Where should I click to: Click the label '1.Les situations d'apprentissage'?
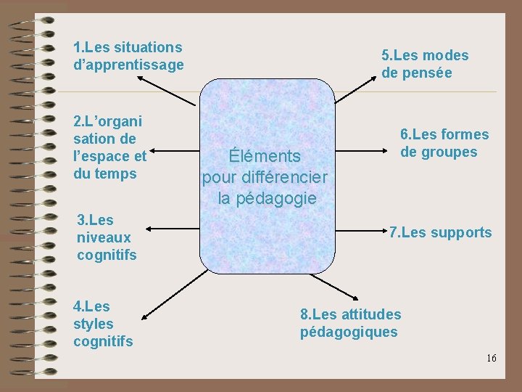click(x=128, y=56)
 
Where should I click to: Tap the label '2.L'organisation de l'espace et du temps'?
click(x=109, y=147)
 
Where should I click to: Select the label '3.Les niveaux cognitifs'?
click(x=107, y=237)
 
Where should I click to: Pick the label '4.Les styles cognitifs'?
click(x=103, y=324)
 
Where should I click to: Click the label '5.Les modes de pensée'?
click(x=425, y=64)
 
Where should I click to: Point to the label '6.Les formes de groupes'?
click(x=444, y=143)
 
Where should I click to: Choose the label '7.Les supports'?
click(x=440, y=233)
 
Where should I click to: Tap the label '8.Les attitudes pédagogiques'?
click(x=350, y=323)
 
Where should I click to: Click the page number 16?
click(x=492, y=358)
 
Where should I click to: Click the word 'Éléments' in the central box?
click(x=264, y=156)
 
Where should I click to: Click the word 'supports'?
click(x=460, y=233)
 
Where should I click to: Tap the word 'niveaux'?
click(x=104, y=237)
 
